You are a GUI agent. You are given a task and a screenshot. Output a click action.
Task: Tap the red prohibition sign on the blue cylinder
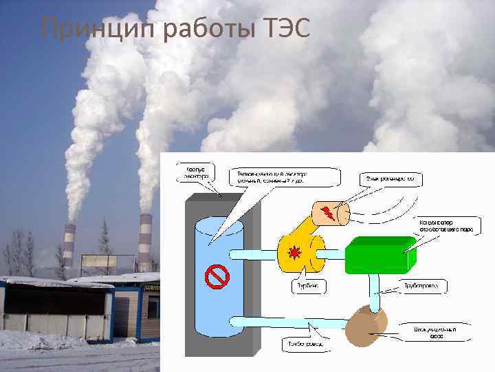[217, 276]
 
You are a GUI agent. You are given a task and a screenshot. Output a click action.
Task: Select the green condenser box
[379, 254]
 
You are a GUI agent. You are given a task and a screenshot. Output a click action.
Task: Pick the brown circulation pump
[366, 327]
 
